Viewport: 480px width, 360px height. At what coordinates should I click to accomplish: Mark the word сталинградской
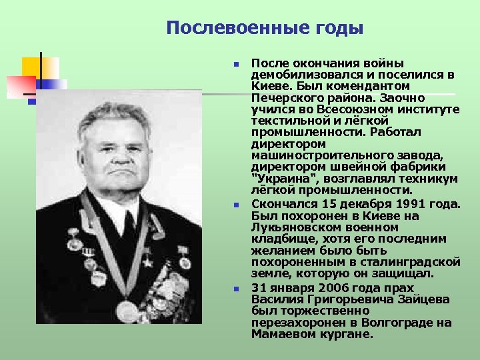click(x=417, y=262)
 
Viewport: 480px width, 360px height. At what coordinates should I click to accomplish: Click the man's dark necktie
click(x=128, y=225)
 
